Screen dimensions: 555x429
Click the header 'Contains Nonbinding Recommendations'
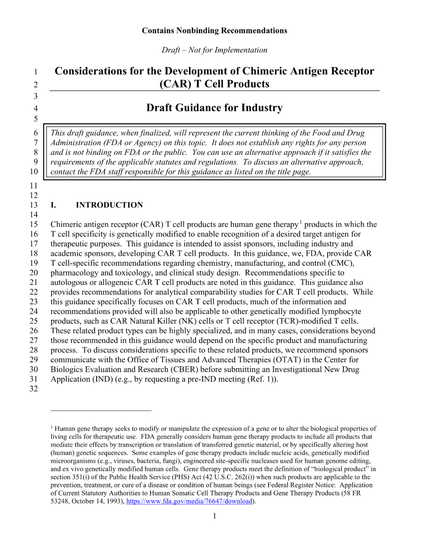pyautogui.click(x=214, y=31)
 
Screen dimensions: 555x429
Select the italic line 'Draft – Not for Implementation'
pyautogui.click(x=214, y=50)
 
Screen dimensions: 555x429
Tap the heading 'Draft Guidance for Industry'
pyautogui.click(x=214, y=108)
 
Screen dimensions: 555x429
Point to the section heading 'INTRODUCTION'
pyautogui.click(x=109, y=205)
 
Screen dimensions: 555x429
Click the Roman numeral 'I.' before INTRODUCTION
pyautogui.click(x=53, y=205)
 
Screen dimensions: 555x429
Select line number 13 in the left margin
pyautogui.click(x=34, y=205)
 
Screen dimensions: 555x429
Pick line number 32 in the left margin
pyautogui.click(x=34, y=389)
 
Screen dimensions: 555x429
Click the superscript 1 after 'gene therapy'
pyautogui.click(x=301, y=222)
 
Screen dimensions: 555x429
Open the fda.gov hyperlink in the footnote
pyautogui.click(x=189, y=501)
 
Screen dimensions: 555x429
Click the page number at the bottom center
pyautogui.click(x=214, y=516)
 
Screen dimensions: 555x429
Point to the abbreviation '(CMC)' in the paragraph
pyautogui.click(x=341, y=263)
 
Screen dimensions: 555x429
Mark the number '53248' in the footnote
pyautogui.click(x=59, y=501)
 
